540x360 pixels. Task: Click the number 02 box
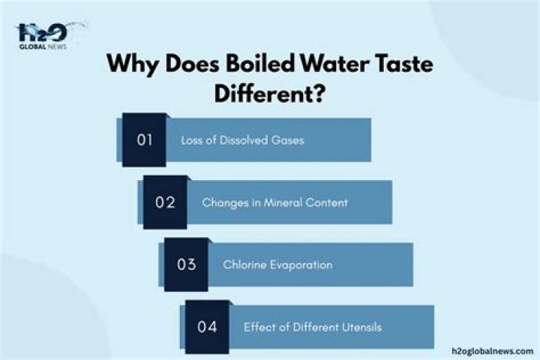point(164,202)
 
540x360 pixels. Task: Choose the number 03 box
point(185,265)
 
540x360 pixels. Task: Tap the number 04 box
point(206,327)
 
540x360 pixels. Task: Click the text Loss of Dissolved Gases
point(242,140)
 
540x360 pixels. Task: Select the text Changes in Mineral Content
point(274,202)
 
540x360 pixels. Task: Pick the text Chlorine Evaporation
point(277,265)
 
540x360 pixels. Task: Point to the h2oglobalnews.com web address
point(493,350)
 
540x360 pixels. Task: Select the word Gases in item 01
point(289,140)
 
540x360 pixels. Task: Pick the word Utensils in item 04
point(362,327)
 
